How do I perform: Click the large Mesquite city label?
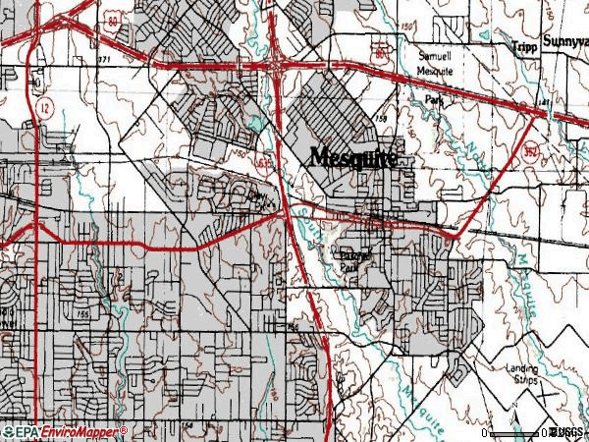tap(354, 158)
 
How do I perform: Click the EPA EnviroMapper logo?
tap(64, 431)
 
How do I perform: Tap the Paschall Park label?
tap(350, 260)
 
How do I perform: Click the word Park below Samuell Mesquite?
tap(448, 100)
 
